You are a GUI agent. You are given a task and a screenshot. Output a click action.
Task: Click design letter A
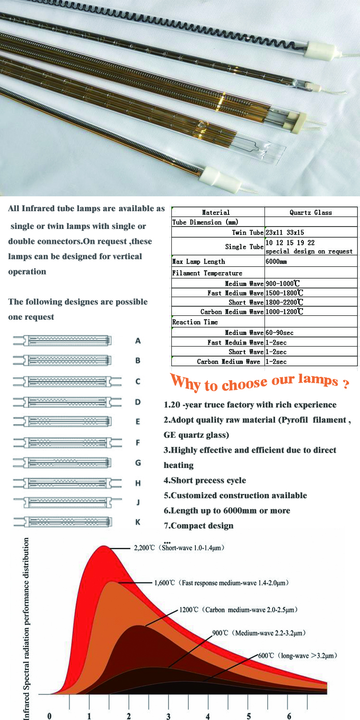(x=138, y=341)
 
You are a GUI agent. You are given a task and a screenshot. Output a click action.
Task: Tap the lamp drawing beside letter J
(x=67, y=502)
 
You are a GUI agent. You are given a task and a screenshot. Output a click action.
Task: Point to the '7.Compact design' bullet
(x=199, y=526)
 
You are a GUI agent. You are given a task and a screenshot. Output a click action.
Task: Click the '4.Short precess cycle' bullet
(x=205, y=480)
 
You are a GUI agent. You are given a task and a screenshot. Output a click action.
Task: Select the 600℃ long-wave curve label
(x=298, y=655)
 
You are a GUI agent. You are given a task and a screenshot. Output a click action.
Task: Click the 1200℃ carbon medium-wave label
(x=238, y=610)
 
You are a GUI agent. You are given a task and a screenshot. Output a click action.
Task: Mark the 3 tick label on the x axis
(x=168, y=716)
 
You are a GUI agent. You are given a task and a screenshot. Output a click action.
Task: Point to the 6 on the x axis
(x=289, y=716)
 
